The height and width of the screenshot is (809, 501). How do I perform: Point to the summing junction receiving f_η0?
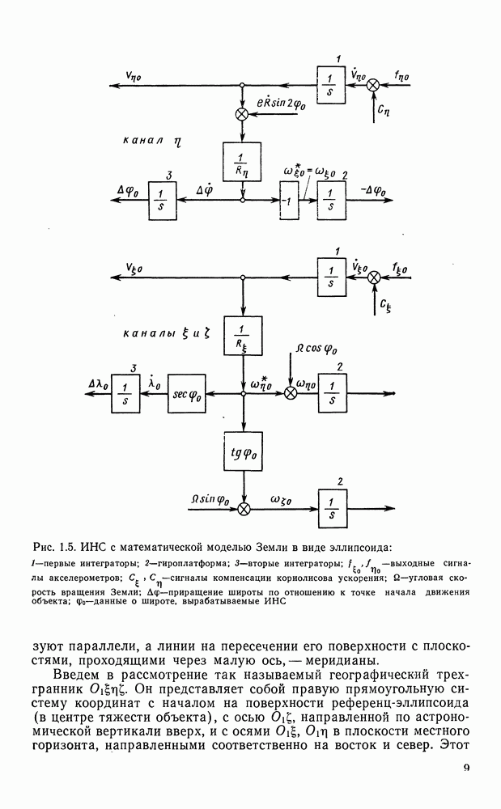point(375,85)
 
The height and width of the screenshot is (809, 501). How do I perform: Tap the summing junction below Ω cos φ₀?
point(291,393)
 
